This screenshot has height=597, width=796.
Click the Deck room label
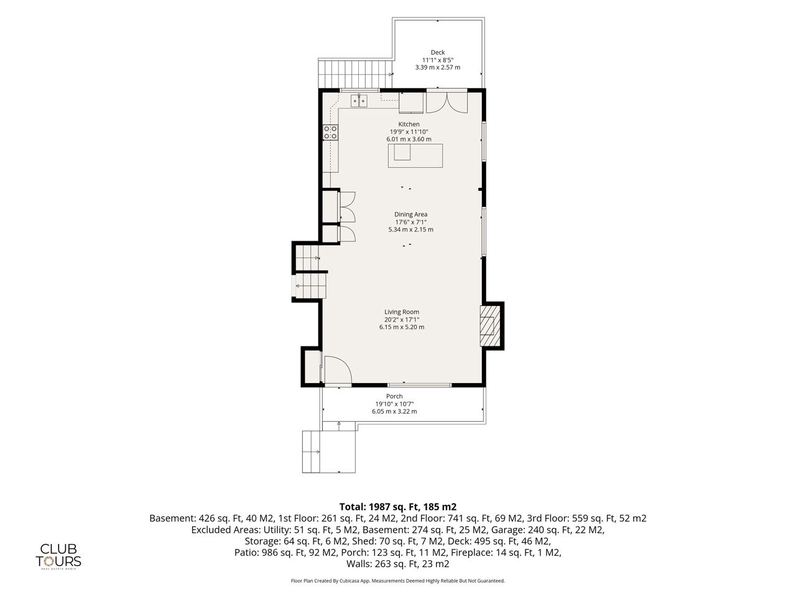pyautogui.click(x=437, y=53)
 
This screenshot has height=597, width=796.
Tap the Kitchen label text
pyautogui.click(x=409, y=124)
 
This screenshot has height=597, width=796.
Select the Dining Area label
pyautogui.click(x=410, y=215)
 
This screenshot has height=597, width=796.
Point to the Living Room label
pyautogui.click(x=402, y=312)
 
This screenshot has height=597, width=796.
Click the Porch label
pyautogui.click(x=394, y=396)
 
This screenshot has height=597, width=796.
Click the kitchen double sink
pyautogui.click(x=359, y=101)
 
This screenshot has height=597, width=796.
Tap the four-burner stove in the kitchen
pyautogui.click(x=330, y=132)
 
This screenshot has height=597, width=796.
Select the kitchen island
pyautogui.click(x=415, y=155)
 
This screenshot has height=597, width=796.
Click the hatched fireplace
pyautogui.click(x=490, y=326)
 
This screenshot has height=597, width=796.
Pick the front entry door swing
pyautogui.click(x=338, y=369)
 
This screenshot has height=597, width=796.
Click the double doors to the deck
pyautogui.click(x=447, y=102)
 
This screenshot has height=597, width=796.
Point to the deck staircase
pyautogui.click(x=355, y=73)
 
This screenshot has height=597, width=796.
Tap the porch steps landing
pyautogui.click(x=329, y=451)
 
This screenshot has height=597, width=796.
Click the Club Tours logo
pyautogui.click(x=58, y=557)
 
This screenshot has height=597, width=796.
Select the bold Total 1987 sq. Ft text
pyautogui.click(x=398, y=507)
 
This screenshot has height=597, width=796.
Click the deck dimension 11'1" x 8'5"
pyautogui.click(x=438, y=60)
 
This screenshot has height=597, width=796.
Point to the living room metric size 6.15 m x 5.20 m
pyautogui.click(x=402, y=327)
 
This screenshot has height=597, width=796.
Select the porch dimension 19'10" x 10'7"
pyautogui.click(x=394, y=404)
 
